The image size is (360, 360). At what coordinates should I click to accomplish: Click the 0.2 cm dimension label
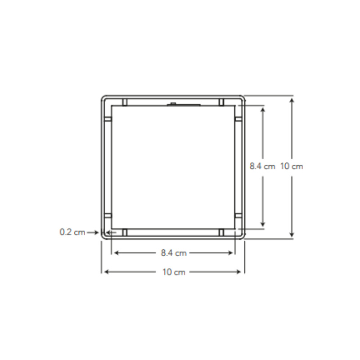click(x=72, y=232)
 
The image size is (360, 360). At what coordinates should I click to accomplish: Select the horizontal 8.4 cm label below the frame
click(x=174, y=253)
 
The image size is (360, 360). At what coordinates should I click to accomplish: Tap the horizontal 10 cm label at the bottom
click(x=174, y=272)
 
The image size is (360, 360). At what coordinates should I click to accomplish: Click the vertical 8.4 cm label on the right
click(x=262, y=166)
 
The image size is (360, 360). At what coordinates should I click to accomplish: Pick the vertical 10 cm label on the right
click(x=292, y=166)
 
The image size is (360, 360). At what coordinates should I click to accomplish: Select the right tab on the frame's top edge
click(x=221, y=102)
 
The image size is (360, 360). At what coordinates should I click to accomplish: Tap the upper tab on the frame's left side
click(x=108, y=119)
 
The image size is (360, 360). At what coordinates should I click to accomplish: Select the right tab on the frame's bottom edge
click(x=221, y=232)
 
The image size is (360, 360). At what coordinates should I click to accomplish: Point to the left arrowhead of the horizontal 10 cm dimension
click(x=104, y=272)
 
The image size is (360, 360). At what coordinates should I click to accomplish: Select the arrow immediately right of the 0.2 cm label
click(x=93, y=232)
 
